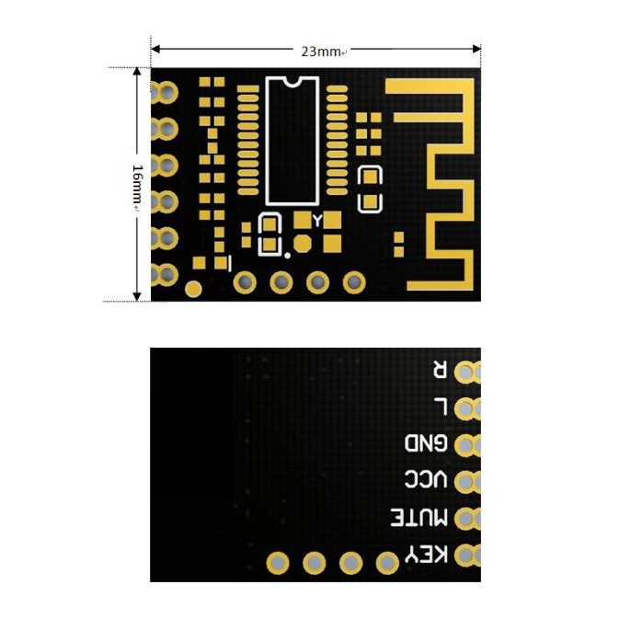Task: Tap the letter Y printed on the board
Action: click(317, 221)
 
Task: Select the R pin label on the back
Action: click(440, 371)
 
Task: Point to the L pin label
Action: click(440, 407)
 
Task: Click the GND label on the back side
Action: click(427, 444)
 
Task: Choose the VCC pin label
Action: click(427, 481)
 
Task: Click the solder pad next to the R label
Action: click(466, 372)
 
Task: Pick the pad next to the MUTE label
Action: click(466, 519)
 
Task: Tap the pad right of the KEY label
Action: click(466, 556)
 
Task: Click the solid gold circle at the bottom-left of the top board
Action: click(193, 289)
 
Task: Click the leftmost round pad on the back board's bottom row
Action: click(277, 562)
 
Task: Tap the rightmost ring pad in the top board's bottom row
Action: click(354, 282)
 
